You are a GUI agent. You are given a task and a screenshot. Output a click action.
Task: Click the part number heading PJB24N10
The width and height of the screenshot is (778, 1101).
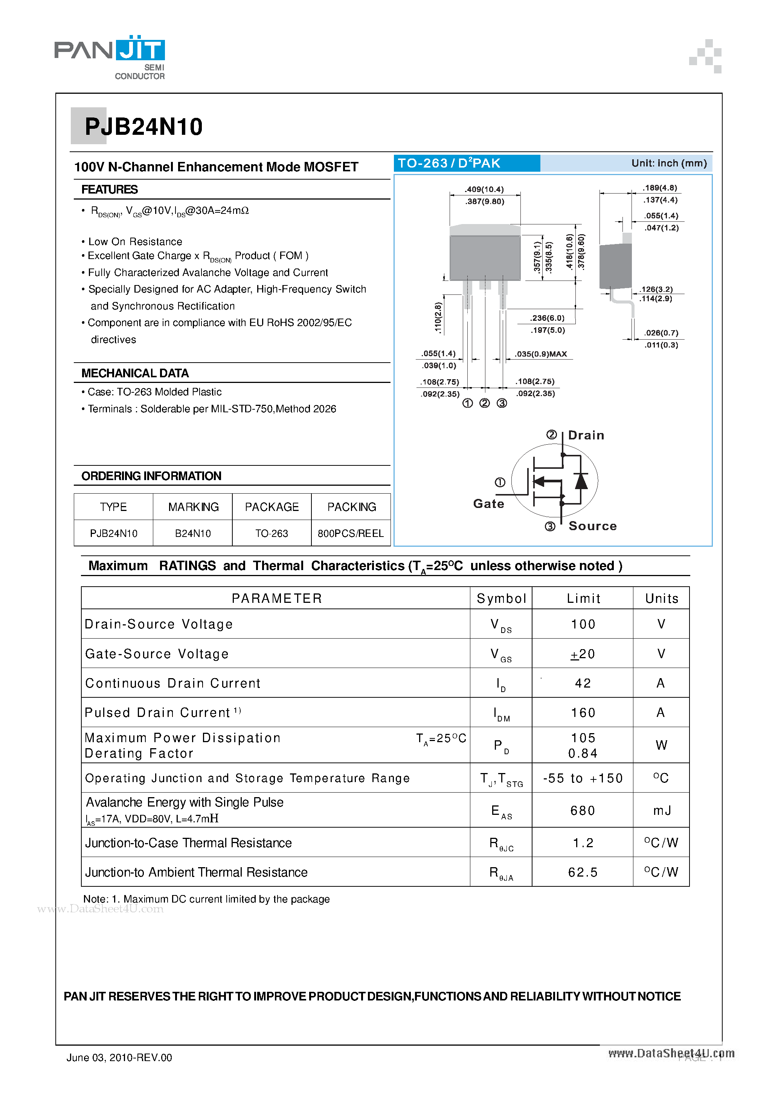143,127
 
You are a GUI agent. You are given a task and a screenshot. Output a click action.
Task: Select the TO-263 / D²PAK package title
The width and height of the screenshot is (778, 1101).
449,163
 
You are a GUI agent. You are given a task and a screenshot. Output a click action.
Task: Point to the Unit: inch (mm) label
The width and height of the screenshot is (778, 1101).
669,163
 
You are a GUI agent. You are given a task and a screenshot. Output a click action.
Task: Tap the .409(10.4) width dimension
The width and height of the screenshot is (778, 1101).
484,189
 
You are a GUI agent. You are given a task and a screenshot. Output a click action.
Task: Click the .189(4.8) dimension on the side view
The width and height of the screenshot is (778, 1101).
660,188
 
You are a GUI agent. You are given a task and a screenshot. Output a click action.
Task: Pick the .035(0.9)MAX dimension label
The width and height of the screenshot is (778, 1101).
541,354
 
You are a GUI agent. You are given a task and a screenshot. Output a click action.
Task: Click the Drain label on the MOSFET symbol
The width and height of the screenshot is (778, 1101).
586,435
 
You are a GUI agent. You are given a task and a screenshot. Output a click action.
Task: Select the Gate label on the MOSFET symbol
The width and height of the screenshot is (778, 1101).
488,504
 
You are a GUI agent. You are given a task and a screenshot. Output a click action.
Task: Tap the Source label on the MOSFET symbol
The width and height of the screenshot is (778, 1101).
592,526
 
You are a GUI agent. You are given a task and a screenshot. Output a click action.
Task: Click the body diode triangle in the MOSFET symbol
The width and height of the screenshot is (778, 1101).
581,481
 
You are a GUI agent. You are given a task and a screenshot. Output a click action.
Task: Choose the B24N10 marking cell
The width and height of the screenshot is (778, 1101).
192,533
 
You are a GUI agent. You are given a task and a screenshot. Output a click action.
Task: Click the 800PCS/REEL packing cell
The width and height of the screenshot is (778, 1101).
351,533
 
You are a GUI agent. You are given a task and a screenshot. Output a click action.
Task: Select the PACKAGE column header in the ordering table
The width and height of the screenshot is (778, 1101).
272,507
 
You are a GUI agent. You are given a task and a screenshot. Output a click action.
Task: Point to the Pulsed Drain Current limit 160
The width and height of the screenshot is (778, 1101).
583,713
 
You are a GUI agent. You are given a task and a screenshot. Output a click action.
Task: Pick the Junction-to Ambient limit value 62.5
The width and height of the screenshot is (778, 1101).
583,872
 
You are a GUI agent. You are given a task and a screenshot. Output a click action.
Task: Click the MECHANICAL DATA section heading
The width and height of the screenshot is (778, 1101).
135,373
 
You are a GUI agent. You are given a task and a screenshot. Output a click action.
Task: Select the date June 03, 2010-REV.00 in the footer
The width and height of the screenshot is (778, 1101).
119,1057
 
